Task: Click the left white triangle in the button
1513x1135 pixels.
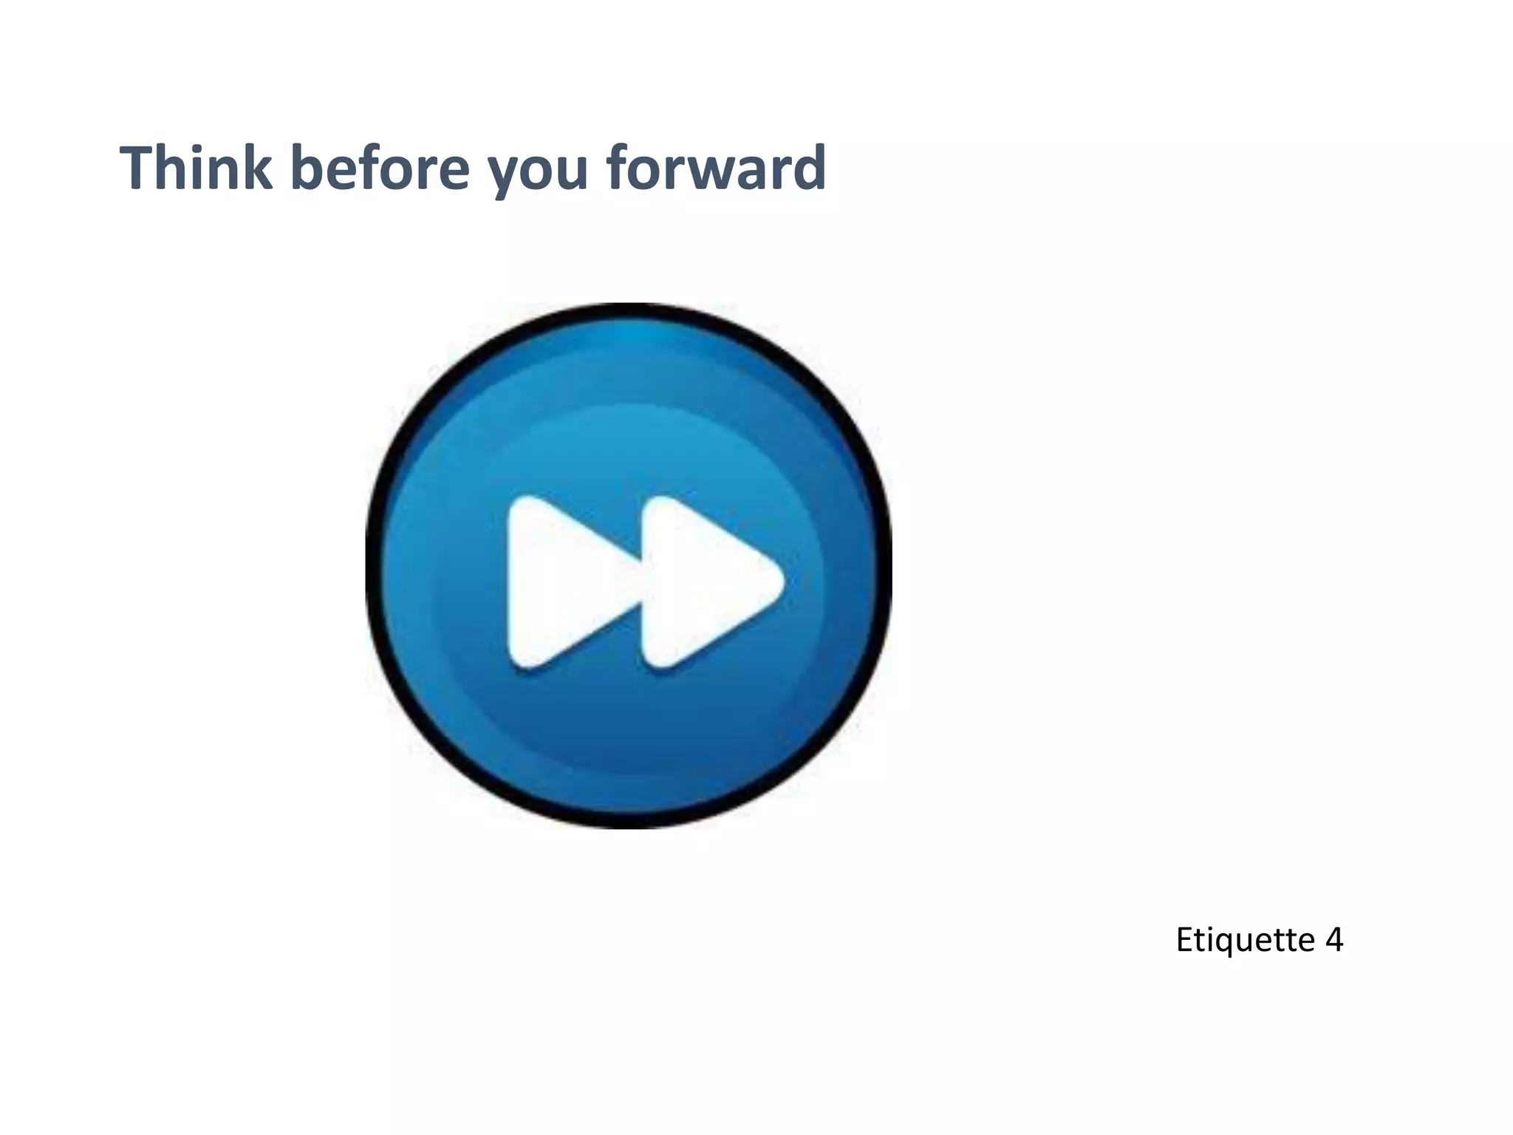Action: (x=565, y=582)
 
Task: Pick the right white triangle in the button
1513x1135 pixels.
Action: (x=702, y=582)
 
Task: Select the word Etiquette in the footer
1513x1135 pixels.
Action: (x=1244, y=941)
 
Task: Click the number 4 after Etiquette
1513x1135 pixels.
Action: (x=1333, y=940)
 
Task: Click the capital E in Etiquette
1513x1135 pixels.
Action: (x=1184, y=940)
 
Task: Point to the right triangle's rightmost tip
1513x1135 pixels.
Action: (x=782, y=582)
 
